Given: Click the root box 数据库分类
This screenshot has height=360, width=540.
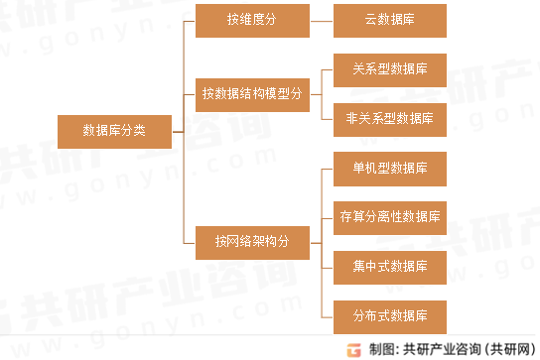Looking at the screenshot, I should point(114,130).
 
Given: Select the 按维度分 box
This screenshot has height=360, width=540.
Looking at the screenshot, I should point(252,20).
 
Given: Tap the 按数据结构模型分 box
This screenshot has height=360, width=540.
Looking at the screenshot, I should point(252,94).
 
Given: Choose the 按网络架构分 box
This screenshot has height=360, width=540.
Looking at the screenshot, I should point(252,240).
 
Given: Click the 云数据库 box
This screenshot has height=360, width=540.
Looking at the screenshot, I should point(390,20).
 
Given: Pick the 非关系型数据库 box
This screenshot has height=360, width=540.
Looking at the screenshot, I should point(390,118).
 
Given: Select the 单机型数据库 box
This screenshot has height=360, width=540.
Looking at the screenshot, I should point(390,168).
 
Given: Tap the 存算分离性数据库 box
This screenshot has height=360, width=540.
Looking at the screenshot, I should point(390,216).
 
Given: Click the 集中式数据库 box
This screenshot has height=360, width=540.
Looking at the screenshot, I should point(390,266).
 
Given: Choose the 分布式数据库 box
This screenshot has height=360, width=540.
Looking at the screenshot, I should point(390,316).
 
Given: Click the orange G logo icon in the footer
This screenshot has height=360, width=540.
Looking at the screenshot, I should point(352,349).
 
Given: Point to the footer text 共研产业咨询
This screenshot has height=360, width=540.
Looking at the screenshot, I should point(441,349).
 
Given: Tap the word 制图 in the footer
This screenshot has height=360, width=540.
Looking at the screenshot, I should point(380,349).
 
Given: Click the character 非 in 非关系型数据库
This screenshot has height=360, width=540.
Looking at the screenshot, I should point(352,118).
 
